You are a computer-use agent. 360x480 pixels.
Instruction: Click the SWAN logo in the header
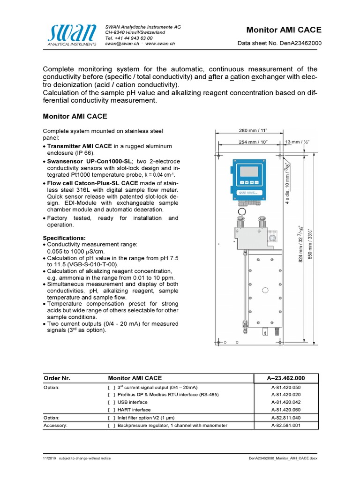pos(73,35)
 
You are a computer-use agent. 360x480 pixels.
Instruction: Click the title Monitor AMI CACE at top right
pos(284,30)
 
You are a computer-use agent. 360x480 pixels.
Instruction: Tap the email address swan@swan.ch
pos(122,43)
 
